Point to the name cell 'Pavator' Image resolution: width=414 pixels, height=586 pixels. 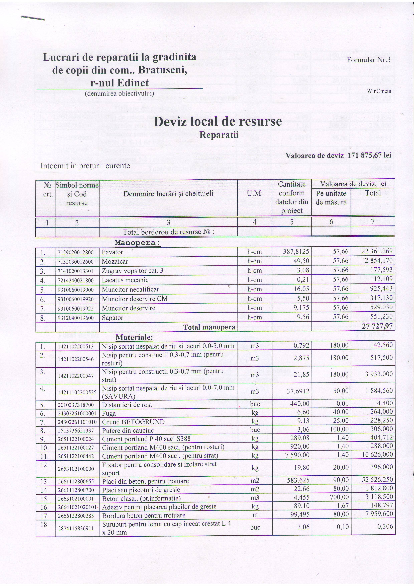point(113,252)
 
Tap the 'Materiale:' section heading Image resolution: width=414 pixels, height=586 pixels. point(134,337)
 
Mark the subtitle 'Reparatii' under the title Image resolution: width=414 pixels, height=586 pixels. point(219,135)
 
